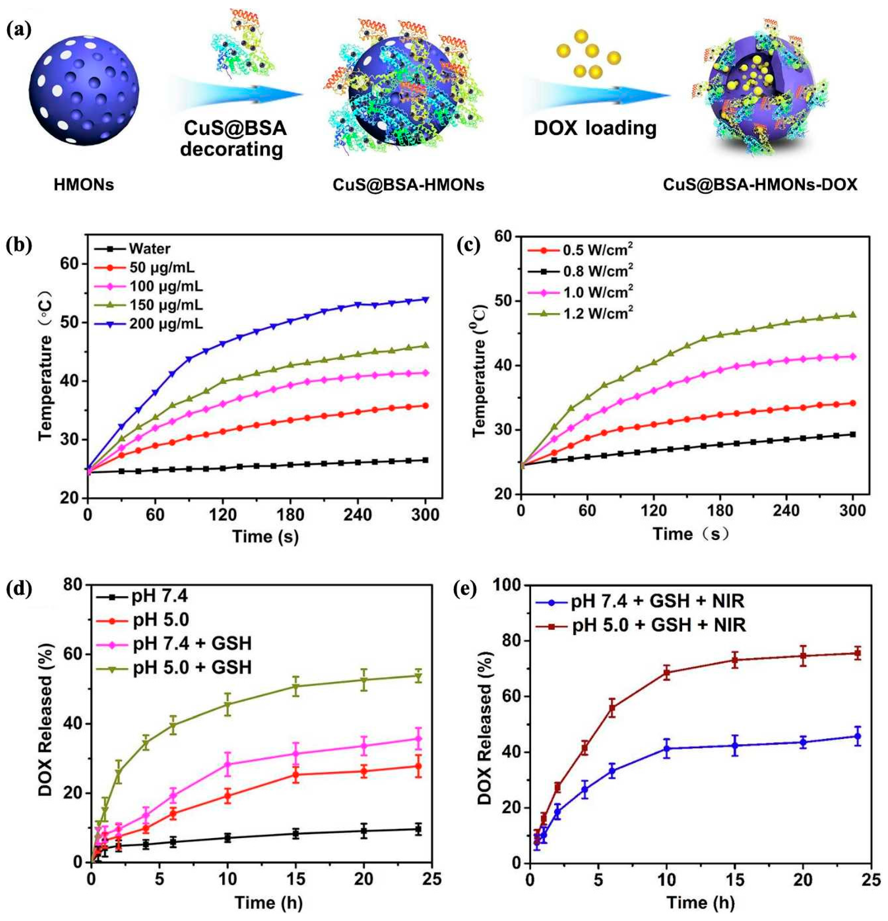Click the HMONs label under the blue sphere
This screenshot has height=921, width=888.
[x=84, y=185]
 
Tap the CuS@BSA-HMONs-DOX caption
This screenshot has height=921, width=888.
[x=760, y=185]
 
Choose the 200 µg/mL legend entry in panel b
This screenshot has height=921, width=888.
[x=165, y=324]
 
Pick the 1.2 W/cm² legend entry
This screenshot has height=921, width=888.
[x=598, y=314]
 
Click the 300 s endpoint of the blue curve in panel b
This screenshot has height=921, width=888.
[x=426, y=299]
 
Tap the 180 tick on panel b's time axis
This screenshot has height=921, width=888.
[x=290, y=515]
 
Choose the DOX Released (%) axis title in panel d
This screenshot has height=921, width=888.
[x=45, y=721]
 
